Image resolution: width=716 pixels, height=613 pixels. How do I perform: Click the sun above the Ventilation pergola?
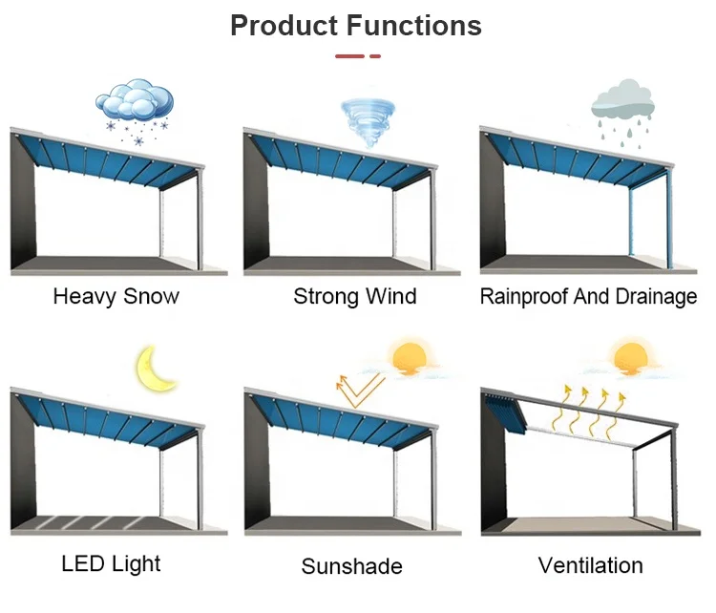pos(634,359)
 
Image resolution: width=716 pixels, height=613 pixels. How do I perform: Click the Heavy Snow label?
pos(116,296)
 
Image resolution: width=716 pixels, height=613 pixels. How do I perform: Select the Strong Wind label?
pos(354,296)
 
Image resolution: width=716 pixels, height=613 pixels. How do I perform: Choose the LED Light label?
pos(111,562)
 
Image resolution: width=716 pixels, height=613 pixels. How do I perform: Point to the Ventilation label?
pos(590,565)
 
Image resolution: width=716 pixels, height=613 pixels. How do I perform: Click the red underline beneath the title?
pos(357,56)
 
